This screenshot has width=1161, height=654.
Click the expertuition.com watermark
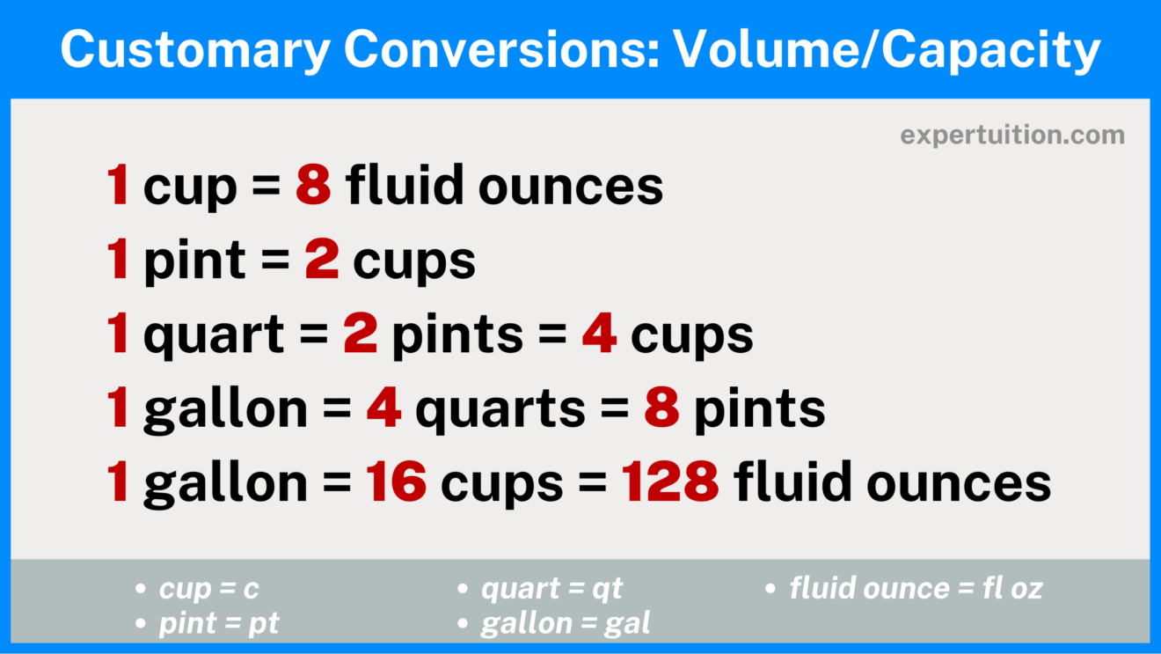point(1011,136)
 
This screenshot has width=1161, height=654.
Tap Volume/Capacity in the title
point(887,50)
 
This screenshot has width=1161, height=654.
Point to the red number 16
point(398,483)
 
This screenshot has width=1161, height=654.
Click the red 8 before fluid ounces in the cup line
point(313,187)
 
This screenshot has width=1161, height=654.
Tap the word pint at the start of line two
point(194,261)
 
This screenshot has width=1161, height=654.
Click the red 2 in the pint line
point(322,261)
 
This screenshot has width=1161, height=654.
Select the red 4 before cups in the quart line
point(599,335)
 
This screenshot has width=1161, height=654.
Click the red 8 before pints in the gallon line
point(661,410)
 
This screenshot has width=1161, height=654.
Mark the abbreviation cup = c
point(209,589)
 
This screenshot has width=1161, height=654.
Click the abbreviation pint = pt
point(219,623)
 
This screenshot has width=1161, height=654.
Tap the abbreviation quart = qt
point(551,589)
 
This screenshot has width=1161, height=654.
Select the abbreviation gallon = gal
point(566,623)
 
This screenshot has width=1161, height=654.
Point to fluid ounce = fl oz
point(916,589)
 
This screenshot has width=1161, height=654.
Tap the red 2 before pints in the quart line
point(360,335)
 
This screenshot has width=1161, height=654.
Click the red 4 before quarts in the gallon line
point(383,410)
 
